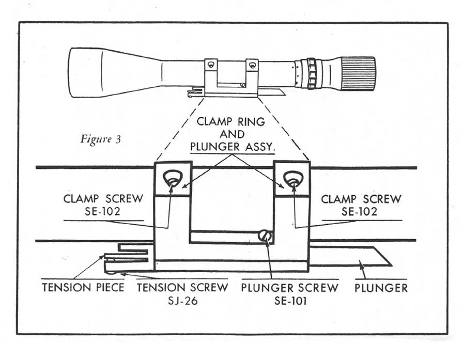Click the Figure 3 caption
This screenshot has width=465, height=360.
click(x=101, y=139)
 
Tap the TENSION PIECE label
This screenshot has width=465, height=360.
click(x=83, y=287)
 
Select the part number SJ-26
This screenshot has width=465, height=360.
click(x=183, y=301)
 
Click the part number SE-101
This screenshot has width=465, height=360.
click(x=290, y=301)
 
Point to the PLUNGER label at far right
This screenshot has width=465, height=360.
click(x=381, y=288)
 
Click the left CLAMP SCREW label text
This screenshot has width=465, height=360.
click(x=103, y=198)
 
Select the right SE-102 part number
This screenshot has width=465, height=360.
click(x=359, y=211)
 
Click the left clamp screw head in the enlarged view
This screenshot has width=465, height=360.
click(x=173, y=179)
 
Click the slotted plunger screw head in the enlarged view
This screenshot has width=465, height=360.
click(x=265, y=236)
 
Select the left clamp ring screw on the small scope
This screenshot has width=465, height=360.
click(x=211, y=65)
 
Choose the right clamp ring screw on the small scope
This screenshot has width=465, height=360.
click(x=252, y=65)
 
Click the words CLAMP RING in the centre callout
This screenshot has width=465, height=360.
click(x=231, y=121)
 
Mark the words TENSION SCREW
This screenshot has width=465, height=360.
click(x=182, y=287)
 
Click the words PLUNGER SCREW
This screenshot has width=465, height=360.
click(x=289, y=288)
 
